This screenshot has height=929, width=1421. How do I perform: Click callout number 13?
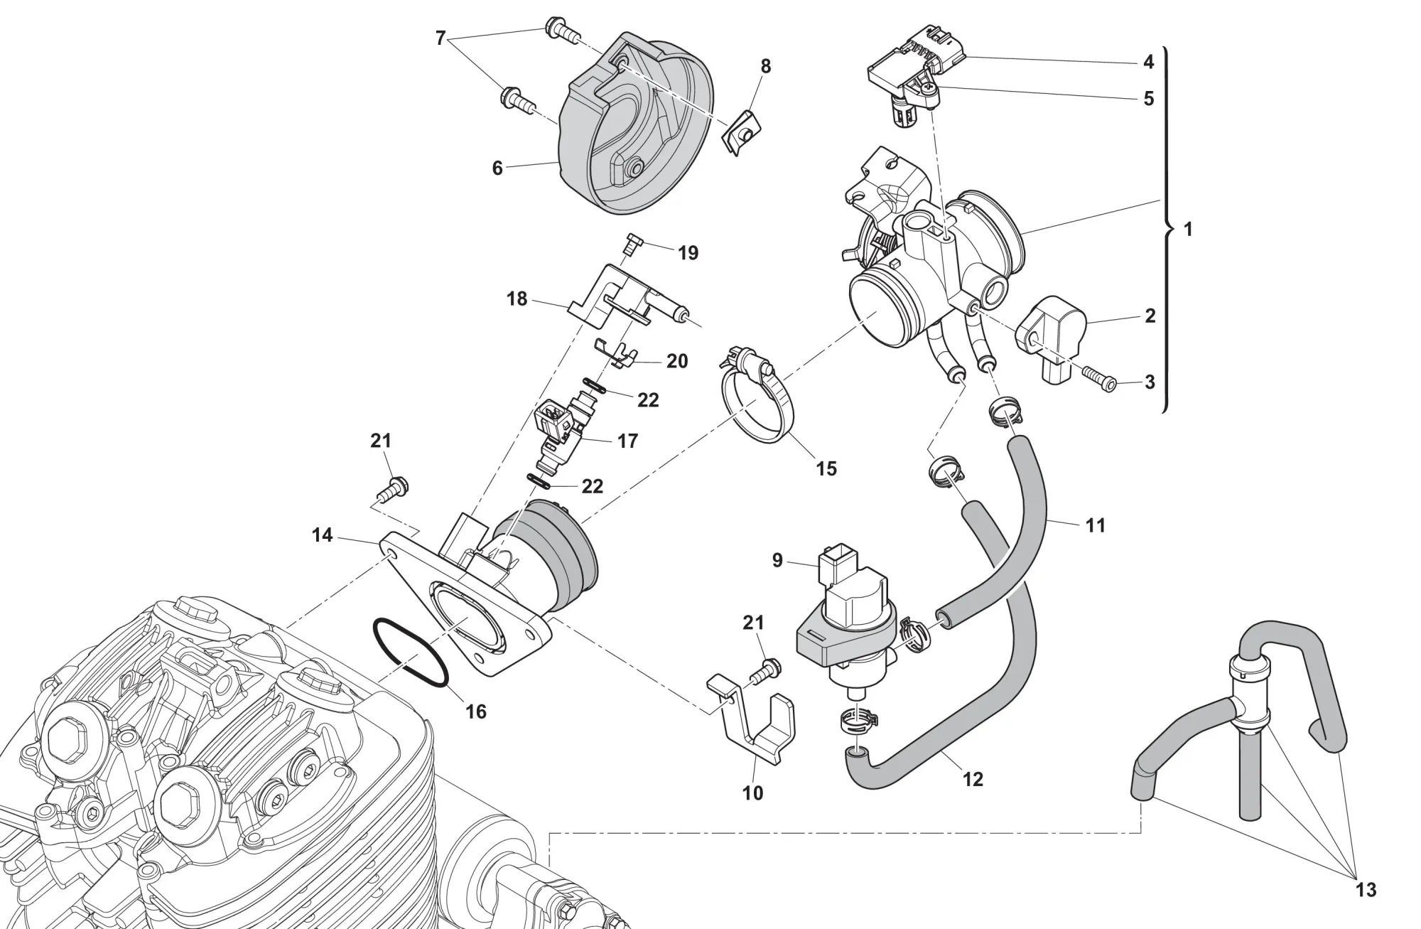click(x=1366, y=889)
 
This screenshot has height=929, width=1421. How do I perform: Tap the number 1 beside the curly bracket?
click(x=1188, y=229)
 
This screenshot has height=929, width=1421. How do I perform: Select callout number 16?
click(x=475, y=711)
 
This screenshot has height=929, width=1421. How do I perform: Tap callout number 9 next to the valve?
click(x=777, y=561)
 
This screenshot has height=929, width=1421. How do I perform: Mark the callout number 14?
click(x=322, y=535)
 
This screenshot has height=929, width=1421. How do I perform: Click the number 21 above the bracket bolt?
click(x=753, y=623)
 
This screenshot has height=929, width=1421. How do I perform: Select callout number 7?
click(x=441, y=38)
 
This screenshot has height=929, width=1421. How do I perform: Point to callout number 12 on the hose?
click(x=972, y=779)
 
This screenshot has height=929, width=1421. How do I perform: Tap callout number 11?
click(x=1096, y=525)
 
